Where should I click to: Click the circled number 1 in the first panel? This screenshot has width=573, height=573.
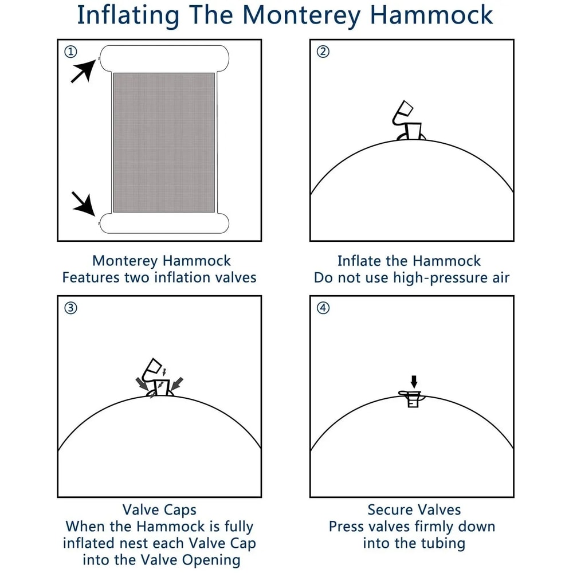70,52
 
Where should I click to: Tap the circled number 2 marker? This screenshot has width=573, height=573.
323,52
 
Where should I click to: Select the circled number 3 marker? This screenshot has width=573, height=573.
70,308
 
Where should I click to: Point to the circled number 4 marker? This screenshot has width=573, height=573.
323,308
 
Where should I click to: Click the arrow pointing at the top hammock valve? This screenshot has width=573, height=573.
84,71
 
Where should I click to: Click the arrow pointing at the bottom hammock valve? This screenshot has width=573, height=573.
84,203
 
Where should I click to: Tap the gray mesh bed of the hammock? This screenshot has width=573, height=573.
164,143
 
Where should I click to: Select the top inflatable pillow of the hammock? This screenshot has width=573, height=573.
164,58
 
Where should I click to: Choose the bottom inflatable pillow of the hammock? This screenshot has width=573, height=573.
164,223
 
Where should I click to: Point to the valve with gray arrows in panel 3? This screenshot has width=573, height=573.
159,378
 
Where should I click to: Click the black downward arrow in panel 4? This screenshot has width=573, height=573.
414,382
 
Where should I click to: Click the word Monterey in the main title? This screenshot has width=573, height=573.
301,15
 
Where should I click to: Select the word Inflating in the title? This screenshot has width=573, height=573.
128,15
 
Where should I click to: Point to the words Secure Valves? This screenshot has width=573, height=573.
414,510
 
